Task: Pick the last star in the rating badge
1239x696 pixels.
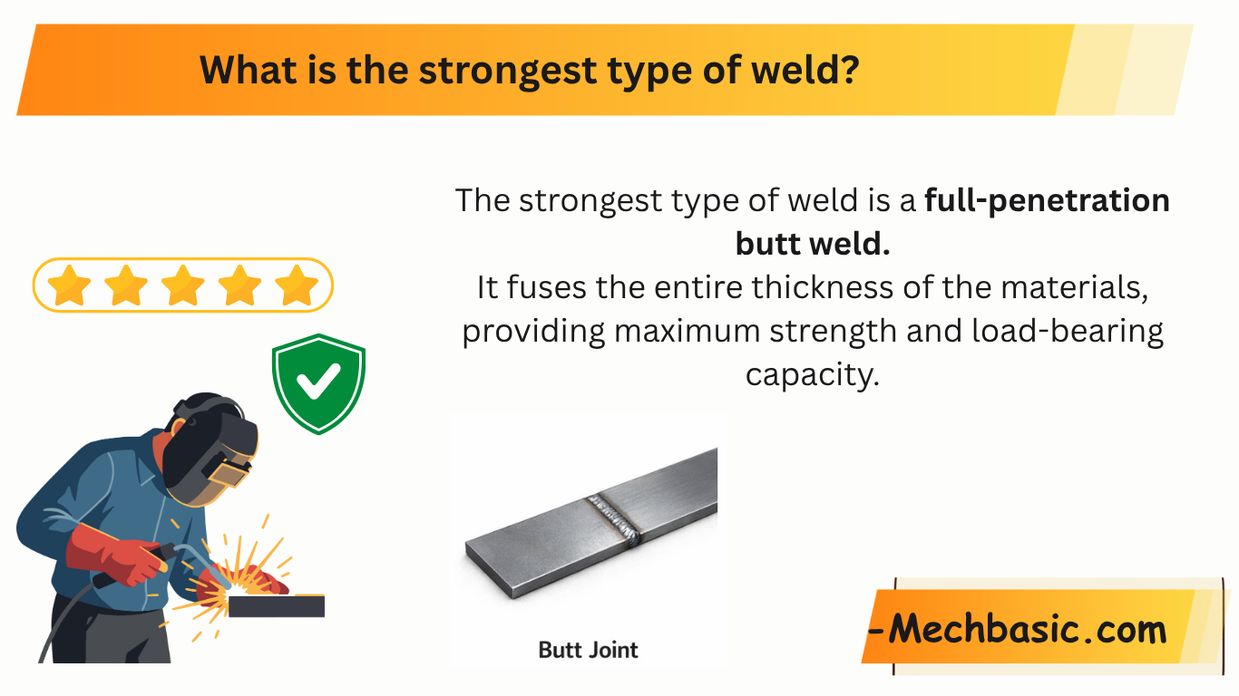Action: (x=297, y=286)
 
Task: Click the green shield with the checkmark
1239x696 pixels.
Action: (x=318, y=384)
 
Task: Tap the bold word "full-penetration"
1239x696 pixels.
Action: (x=1047, y=200)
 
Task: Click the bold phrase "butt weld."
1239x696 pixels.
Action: (x=812, y=244)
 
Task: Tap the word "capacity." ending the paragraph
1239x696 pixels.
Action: (x=812, y=373)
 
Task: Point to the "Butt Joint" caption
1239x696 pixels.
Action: (x=588, y=650)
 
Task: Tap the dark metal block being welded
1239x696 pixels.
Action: (x=276, y=606)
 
